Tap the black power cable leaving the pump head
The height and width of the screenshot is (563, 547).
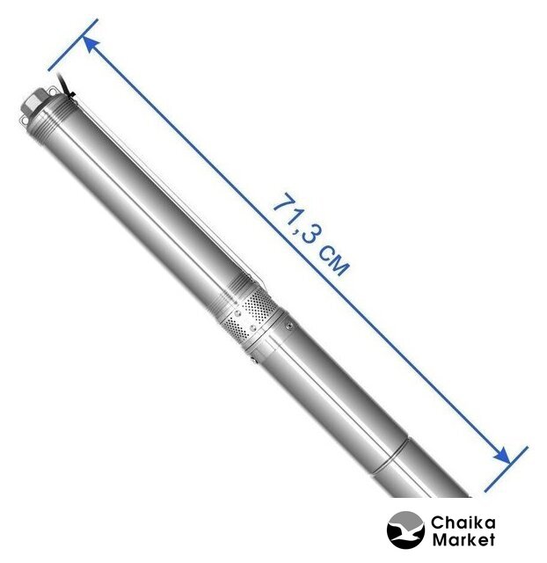tap(65, 84)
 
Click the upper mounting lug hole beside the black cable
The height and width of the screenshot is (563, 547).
tap(52, 90)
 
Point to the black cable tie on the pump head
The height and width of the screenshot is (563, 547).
tap(71, 95)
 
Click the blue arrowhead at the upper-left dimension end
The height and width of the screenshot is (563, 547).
tap(91, 45)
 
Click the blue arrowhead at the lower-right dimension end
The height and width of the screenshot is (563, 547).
tap(501, 455)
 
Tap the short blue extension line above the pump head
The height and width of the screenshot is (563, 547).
tap(73, 45)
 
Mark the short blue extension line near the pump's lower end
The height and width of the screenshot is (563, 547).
tap(506, 469)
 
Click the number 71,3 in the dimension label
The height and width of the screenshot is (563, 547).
tap(294, 219)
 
